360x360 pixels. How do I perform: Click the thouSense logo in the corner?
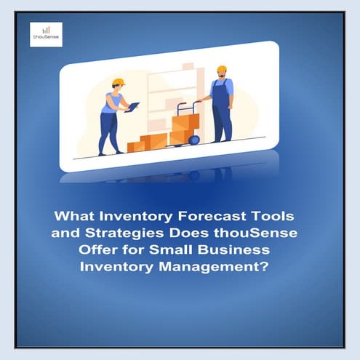[x=46, y=34]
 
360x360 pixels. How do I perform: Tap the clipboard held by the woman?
[x=132, y=107]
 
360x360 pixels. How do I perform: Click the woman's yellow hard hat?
[x=119, y=82]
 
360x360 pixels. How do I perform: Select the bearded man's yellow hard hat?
[x=221, y=70]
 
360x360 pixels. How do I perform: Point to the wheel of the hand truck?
[x=193, y=140]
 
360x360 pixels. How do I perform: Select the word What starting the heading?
[x=76, y=217]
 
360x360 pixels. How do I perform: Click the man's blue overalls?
[x=222, y=109]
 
